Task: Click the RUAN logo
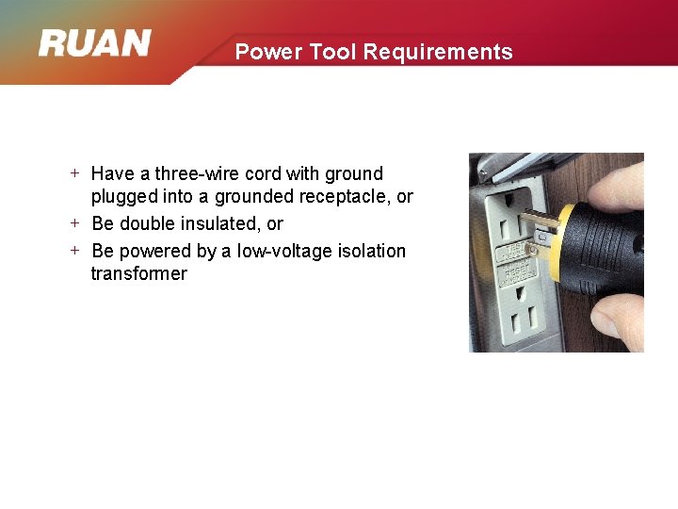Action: [x=94, y=43]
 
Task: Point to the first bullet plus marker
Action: [x=75, y=173]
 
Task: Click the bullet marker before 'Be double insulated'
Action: [x=75, y=223]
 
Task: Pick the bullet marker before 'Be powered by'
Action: [x=75, y=251]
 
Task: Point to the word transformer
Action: [x=138, y=274]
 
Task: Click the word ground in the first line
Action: [x=354, y=174]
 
